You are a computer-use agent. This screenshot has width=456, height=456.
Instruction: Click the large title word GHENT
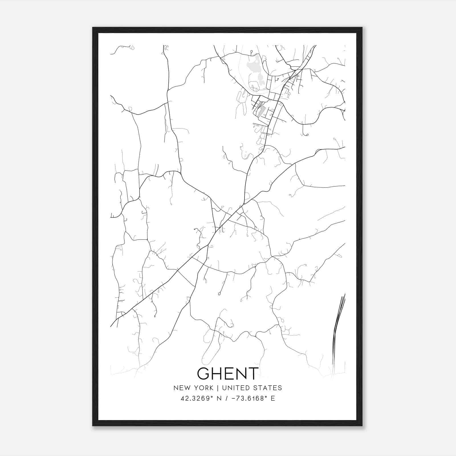click(x=228, y=373)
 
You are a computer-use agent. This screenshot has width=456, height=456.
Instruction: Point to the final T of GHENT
click(x=253, y=373)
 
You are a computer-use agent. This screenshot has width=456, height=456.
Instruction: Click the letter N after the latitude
click(x=219, y=398)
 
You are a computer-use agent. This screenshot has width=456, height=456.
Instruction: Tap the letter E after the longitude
click(x=273, y=398)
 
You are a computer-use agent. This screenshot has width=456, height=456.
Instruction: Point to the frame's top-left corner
click(x=93, y=28)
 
